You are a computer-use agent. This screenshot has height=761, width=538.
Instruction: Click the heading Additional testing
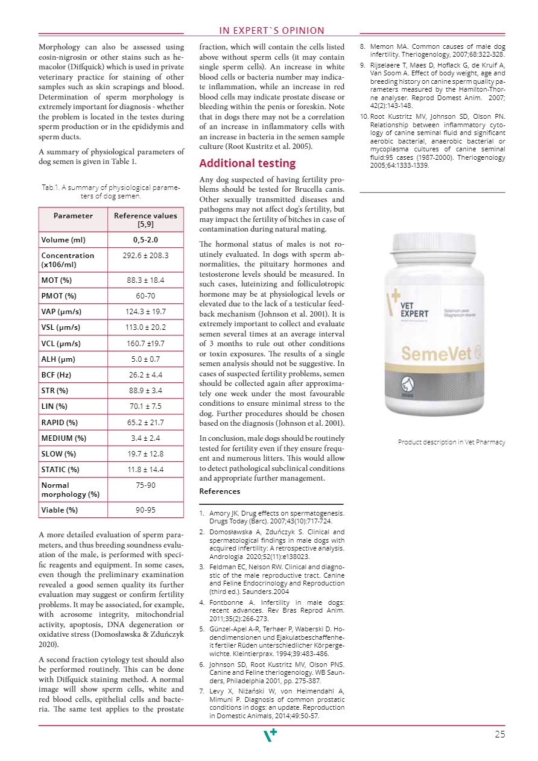click(x=247, y=163)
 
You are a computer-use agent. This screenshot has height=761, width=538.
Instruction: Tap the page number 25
click(x=499, y=734)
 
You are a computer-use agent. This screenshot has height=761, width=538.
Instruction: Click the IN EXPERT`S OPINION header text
click(x=271, y=31)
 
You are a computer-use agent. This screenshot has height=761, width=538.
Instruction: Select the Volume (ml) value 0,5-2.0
click(x=145, y=240)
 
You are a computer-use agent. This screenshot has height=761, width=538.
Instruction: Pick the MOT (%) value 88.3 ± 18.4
click(x=145, y=280)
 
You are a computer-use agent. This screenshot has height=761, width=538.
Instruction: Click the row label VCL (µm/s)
click(x=61, y=343)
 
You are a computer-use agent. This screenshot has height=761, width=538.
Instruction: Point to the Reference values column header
click(x=145, y=219)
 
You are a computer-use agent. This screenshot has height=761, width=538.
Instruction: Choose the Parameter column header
click(x=73, y=215)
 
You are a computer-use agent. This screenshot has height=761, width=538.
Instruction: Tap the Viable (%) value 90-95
click(x=145, y=510)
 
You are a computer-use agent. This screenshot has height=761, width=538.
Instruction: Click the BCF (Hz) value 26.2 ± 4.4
click(x=145, y=375)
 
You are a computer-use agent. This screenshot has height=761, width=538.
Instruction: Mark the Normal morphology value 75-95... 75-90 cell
click(x=145, y=485)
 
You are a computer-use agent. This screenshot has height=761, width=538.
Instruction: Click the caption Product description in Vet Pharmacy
click(x=451, y=442)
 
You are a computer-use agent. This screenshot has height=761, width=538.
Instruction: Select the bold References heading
click(x=220, y=491)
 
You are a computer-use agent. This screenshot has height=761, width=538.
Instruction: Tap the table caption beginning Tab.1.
click(x=111, y=192)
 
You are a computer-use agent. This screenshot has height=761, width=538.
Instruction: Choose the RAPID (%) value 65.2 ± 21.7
click(x=145, y=422)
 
